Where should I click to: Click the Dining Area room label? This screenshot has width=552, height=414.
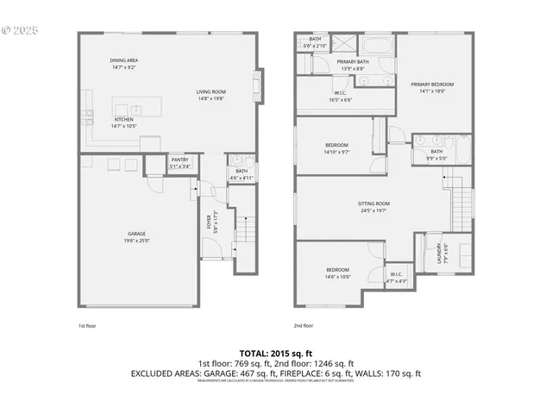123,63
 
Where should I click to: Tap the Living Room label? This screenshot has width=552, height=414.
210,94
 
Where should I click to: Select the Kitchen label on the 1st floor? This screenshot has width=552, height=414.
123,122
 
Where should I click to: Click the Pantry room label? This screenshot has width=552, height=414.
179,163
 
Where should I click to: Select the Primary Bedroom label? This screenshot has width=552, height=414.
436,87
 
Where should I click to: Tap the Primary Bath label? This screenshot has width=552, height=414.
353,66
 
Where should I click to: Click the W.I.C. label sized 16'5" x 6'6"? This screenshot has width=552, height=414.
340,97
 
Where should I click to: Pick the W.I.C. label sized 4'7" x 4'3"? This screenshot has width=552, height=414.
396,278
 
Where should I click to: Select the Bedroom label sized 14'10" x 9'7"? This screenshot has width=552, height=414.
336,147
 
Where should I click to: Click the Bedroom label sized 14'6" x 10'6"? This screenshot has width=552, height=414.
337,273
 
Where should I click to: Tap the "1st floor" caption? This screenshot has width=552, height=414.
87,325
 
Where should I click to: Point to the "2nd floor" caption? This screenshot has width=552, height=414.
303,325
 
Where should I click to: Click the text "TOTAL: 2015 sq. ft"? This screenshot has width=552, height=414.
275,353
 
